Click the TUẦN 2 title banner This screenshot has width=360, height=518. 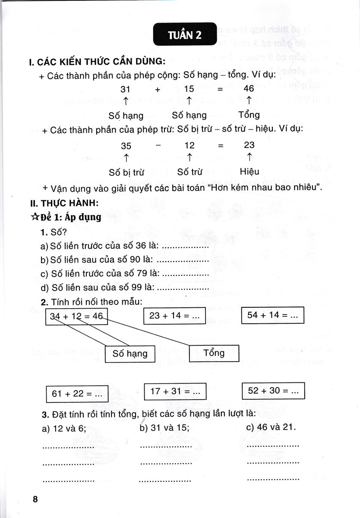(x=185, y=35)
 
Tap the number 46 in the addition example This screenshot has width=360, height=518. (x=249, y=88)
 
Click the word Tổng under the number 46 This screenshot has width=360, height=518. (x=249, y=115)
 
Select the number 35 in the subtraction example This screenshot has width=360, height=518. (x=126, y=145)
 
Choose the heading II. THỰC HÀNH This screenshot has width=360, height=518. (x=63, y=202)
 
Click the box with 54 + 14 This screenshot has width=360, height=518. (x=272, y=315)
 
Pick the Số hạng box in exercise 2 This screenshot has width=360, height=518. (x=130, y=354)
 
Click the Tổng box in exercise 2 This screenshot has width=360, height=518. (x=214, y=353)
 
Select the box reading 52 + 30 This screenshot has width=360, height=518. (x=273, y=391)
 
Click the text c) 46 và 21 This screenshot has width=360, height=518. (x=270, y=426)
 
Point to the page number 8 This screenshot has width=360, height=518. (x=36, y=499)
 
